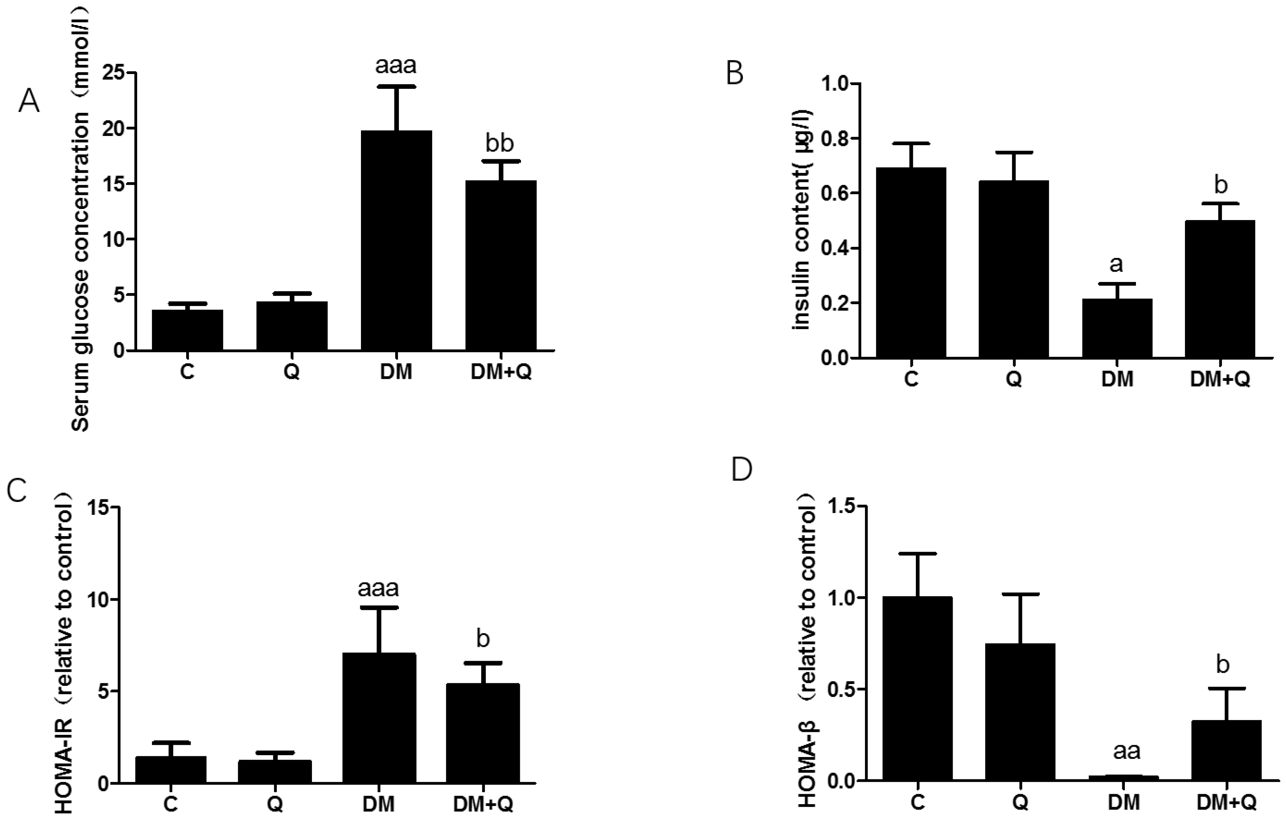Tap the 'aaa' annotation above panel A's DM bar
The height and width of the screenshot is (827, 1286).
click(396, 66)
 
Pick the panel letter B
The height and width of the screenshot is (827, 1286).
click(734, 74)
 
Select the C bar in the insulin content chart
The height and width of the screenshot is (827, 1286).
click(911, 263)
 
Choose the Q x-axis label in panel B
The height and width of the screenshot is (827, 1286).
click(1013, 380)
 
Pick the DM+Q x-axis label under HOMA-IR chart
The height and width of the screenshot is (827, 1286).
click(483, 804)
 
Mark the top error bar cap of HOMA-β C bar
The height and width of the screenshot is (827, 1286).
click(918, 554)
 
